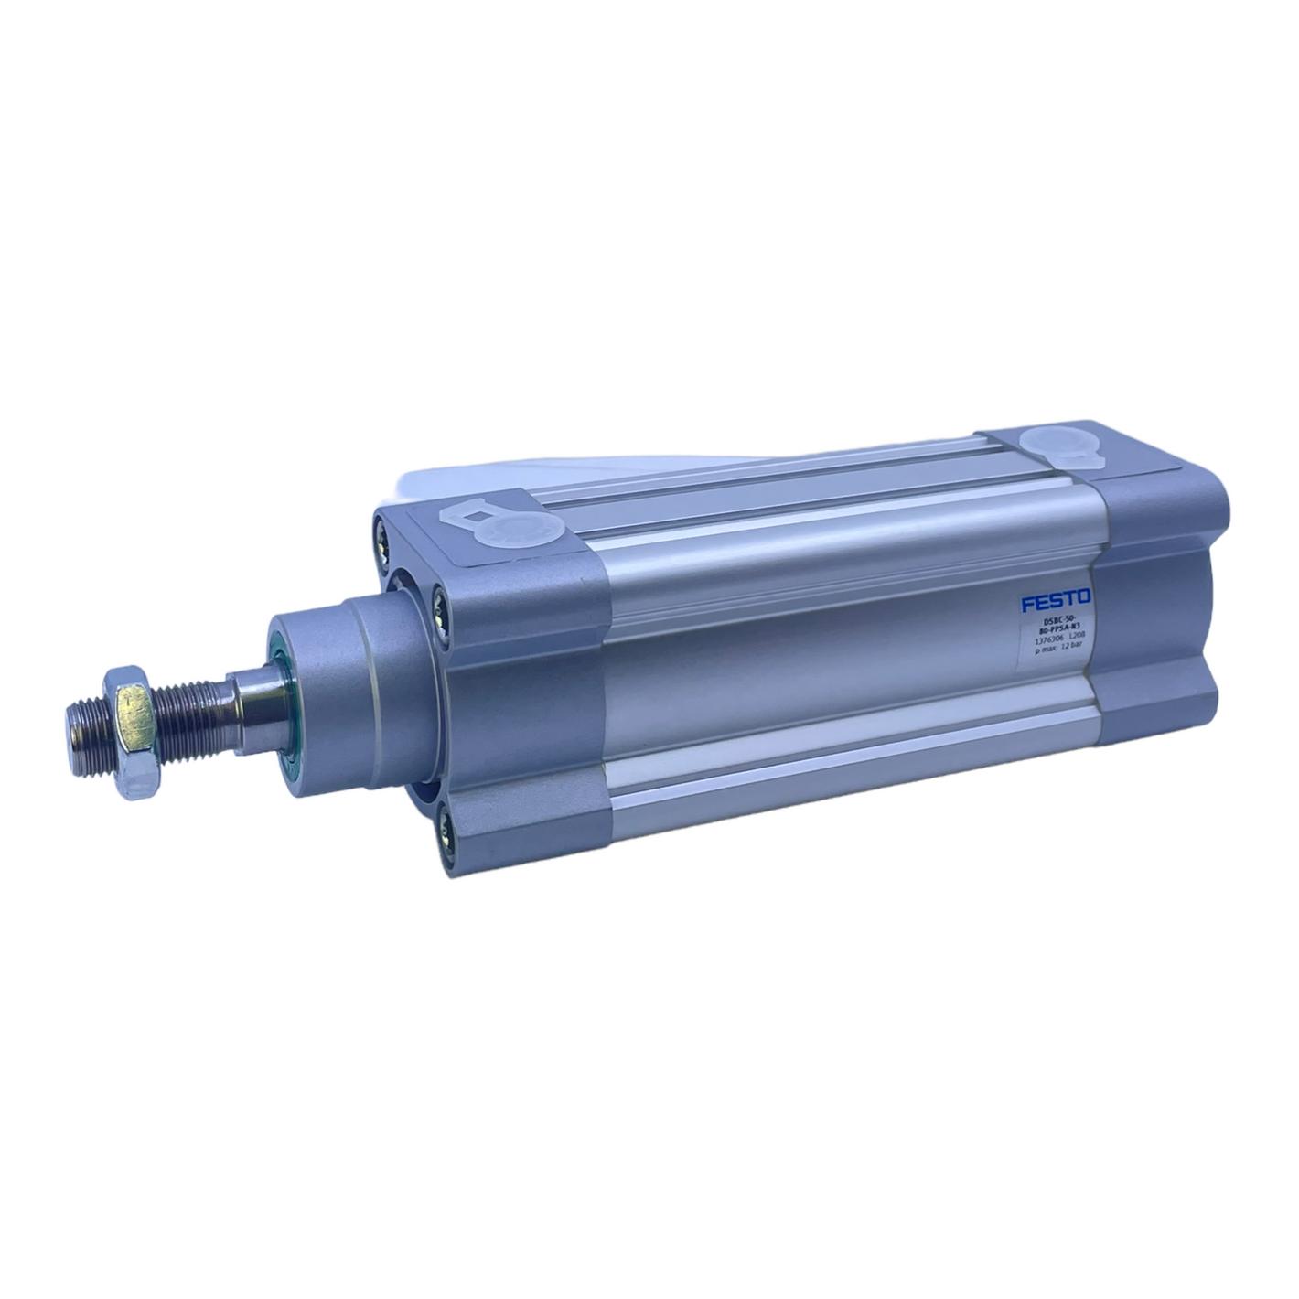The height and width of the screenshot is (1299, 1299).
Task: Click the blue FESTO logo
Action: pos(1055,601)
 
